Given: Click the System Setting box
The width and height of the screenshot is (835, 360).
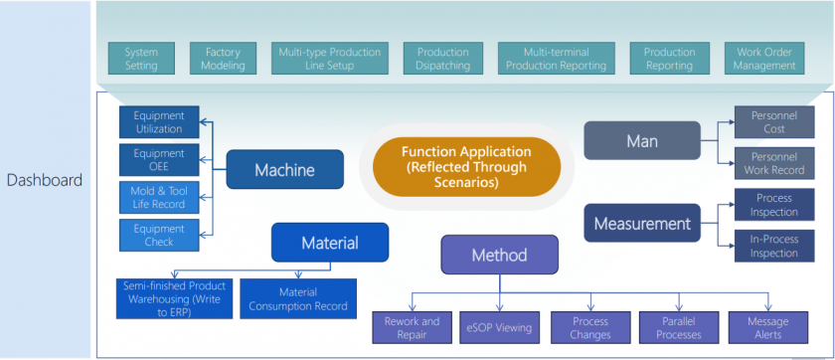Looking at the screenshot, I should (141, 59).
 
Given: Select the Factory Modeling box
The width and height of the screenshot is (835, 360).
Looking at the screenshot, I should (223, 59).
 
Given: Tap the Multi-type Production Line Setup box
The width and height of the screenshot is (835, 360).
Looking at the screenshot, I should (328, 59).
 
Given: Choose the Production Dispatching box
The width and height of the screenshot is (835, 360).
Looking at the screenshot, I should (443, 59).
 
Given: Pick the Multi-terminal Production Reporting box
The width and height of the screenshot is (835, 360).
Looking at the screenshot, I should (555, 59).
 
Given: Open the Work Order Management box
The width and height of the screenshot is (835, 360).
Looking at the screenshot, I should (764, 59).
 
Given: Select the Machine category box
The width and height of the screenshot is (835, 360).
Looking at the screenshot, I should (284, 170).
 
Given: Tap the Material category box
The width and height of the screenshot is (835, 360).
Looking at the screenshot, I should (329, 243).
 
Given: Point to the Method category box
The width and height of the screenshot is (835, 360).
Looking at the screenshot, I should (499, 256).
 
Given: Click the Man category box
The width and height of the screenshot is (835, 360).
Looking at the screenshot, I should (641, 141).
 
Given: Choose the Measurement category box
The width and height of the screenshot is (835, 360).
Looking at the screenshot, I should (641, 224).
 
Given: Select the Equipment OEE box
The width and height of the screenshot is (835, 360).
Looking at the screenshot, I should (159, 160).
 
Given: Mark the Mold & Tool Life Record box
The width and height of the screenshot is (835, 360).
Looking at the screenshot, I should (159, 197).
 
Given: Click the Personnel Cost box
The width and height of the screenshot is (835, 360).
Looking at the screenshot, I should (773, 122).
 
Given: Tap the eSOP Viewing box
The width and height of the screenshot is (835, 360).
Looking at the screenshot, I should (500, 327).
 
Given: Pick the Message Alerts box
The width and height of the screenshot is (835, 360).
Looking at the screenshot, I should (766, 327).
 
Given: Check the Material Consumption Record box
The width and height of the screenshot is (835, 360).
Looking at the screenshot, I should (296, 299).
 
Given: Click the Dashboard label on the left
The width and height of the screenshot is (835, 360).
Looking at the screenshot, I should (45, 180).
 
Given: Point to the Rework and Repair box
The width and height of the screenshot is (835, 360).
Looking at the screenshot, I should (412, 327).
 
